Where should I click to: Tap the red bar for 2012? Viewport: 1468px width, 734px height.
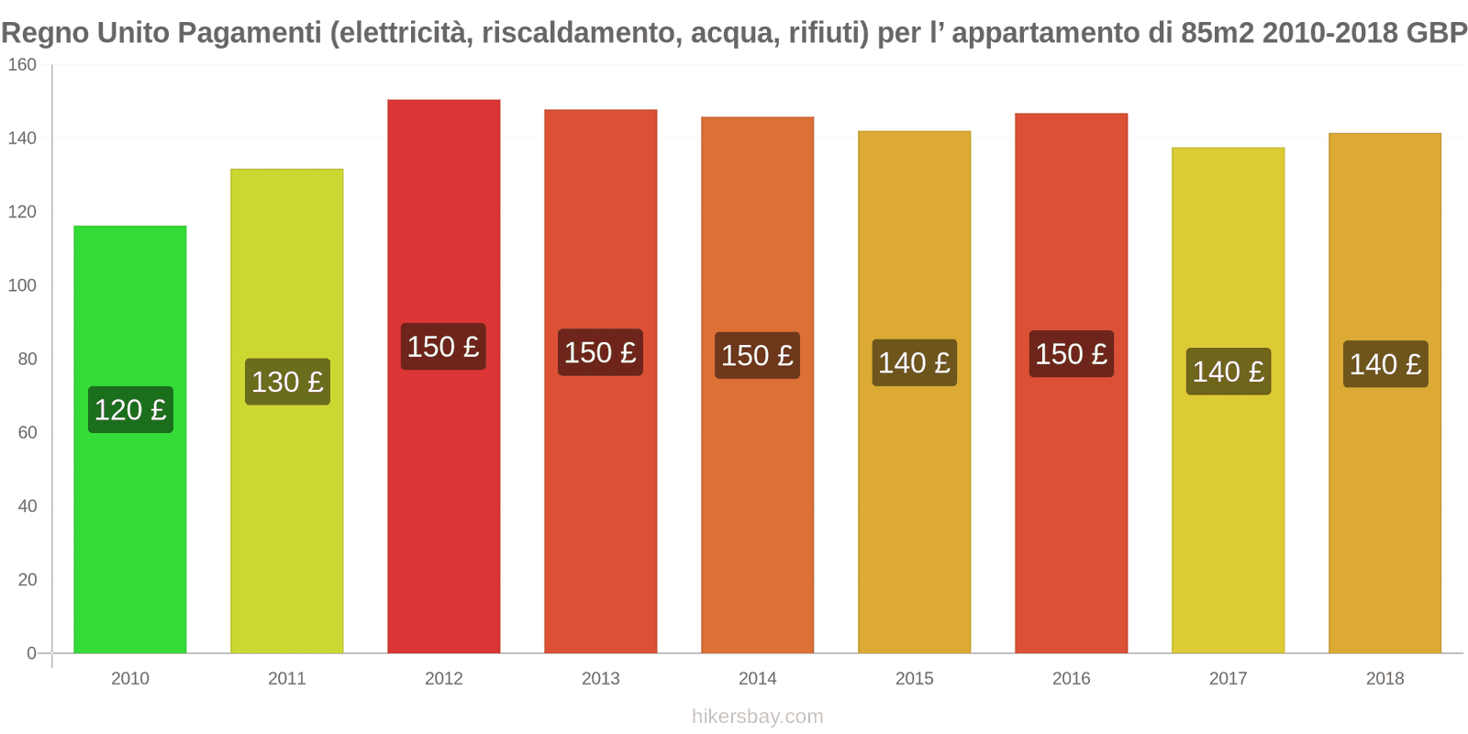point(443,514)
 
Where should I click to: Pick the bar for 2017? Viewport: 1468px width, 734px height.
point(1228,514)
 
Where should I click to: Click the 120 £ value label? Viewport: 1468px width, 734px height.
point(130,409)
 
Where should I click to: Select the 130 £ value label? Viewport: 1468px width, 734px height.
point(287,382)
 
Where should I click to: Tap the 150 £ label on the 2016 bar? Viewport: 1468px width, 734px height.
point(1071,354)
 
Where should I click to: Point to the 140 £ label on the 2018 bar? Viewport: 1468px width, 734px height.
point(1385,364)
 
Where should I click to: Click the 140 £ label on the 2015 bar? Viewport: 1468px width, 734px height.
point(914,363)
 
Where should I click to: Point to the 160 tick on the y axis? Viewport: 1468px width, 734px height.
point(22,65)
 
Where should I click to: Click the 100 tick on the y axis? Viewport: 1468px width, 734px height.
point(22,285)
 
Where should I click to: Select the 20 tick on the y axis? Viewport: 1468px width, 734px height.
point(27,580)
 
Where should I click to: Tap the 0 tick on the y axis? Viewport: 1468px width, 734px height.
point(31,653)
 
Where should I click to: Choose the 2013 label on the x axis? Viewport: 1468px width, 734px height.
point(600,679)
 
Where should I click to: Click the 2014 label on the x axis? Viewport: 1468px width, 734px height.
point(757,679)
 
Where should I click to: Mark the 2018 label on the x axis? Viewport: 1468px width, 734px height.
point(1385,679)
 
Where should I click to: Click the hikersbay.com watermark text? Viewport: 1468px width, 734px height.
point(757,717)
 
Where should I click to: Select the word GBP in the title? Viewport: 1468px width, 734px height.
point(1437,33)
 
